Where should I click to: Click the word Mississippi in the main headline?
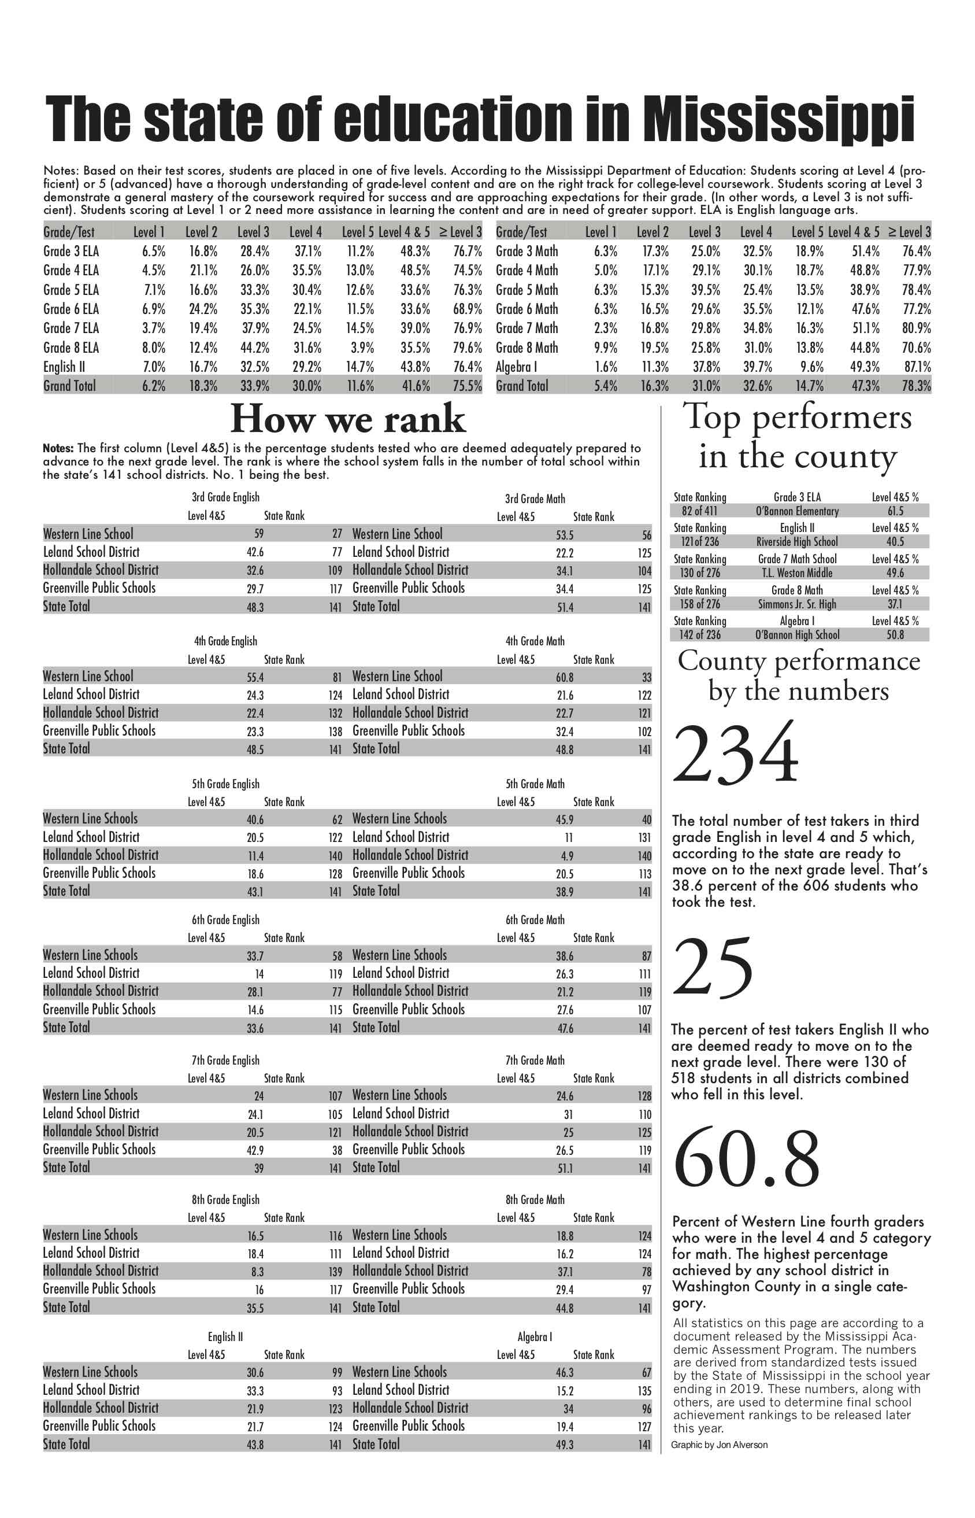tap(778, 119)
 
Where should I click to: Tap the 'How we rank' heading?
tap(347, 419)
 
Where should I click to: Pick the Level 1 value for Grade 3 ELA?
tap(154, 252)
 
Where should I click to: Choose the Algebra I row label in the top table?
tap(517, 367)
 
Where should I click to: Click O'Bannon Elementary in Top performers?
tap(797, 511)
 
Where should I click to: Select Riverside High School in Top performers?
tap(797, 542)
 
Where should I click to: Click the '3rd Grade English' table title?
tap(225, 497)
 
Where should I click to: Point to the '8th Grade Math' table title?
tap(535, 1199)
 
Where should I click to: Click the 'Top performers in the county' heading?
tap(797, 437)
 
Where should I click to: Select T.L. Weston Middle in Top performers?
tap(797, 573)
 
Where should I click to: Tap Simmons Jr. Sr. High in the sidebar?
tap(797, 604)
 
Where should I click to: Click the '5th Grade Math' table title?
tap(535, 784)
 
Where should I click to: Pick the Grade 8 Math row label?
tap(527, 348)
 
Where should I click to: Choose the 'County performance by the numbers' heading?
tap(798, 675)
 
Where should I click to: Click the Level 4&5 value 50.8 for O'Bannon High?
tap(895, 635)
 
